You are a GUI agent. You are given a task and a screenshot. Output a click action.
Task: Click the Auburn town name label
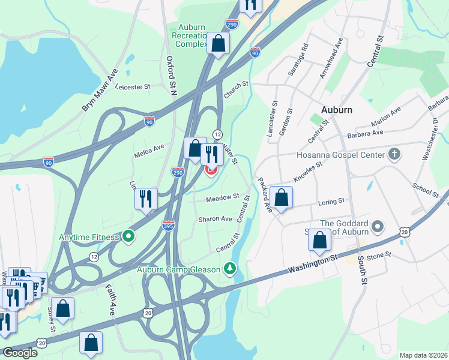(337, 110)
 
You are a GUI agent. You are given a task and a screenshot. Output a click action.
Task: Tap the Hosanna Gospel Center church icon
(394, 155)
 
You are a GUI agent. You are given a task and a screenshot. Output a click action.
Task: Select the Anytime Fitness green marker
(128, 236)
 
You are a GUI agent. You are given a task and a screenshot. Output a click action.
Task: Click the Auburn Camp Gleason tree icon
(229, 268)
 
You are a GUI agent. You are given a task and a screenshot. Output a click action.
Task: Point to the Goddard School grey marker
(377, 227)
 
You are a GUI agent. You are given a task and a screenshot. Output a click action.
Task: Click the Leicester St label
(133, 87)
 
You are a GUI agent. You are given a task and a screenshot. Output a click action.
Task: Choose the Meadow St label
(223, 197)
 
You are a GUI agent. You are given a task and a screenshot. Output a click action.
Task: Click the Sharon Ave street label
(215, 219)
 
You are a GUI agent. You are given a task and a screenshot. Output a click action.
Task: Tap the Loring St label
(332, 201)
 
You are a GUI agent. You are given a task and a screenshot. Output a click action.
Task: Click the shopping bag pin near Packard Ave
(282, 197)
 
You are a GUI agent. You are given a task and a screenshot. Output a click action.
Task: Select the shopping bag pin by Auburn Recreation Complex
(218, 43)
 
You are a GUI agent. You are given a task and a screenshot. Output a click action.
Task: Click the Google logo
(20, 353)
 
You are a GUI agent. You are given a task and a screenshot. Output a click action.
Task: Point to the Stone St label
(379, 255)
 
